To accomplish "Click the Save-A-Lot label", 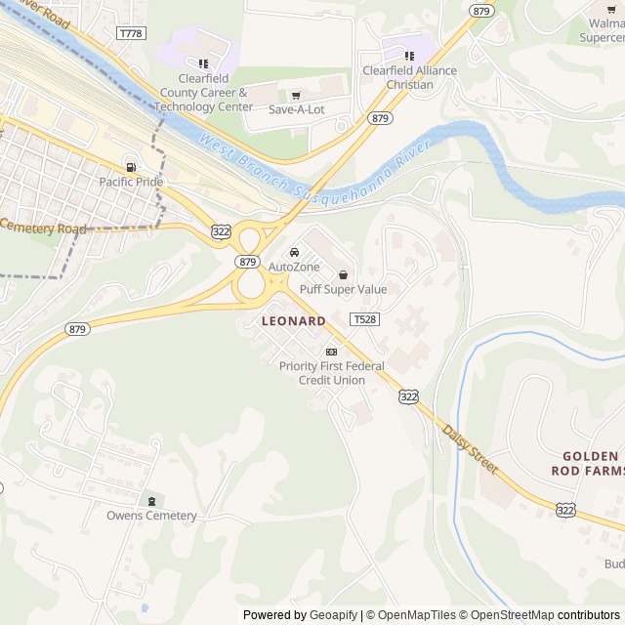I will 296,109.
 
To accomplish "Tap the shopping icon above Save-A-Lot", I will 296,95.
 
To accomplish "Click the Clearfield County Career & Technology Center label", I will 203,93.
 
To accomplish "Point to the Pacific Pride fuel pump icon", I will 131,167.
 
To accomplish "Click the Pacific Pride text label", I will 131,182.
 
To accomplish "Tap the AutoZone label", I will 294,267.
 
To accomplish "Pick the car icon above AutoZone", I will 294,252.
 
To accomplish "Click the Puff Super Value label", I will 343,289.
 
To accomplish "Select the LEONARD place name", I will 293,320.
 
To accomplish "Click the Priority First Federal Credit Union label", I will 331,373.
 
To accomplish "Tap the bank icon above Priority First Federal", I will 331,352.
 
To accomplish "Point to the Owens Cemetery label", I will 151,516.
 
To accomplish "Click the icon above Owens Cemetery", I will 151,501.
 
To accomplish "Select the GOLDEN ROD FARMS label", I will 591,464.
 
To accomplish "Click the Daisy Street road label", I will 470,449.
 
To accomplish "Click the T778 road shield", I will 130,33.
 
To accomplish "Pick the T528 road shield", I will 364,319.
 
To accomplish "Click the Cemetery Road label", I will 43,227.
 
